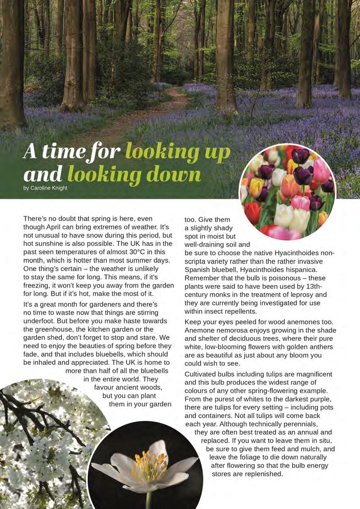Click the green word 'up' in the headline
point(215,152)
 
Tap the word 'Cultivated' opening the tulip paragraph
point(202,374)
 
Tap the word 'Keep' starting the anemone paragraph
point(193,322)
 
